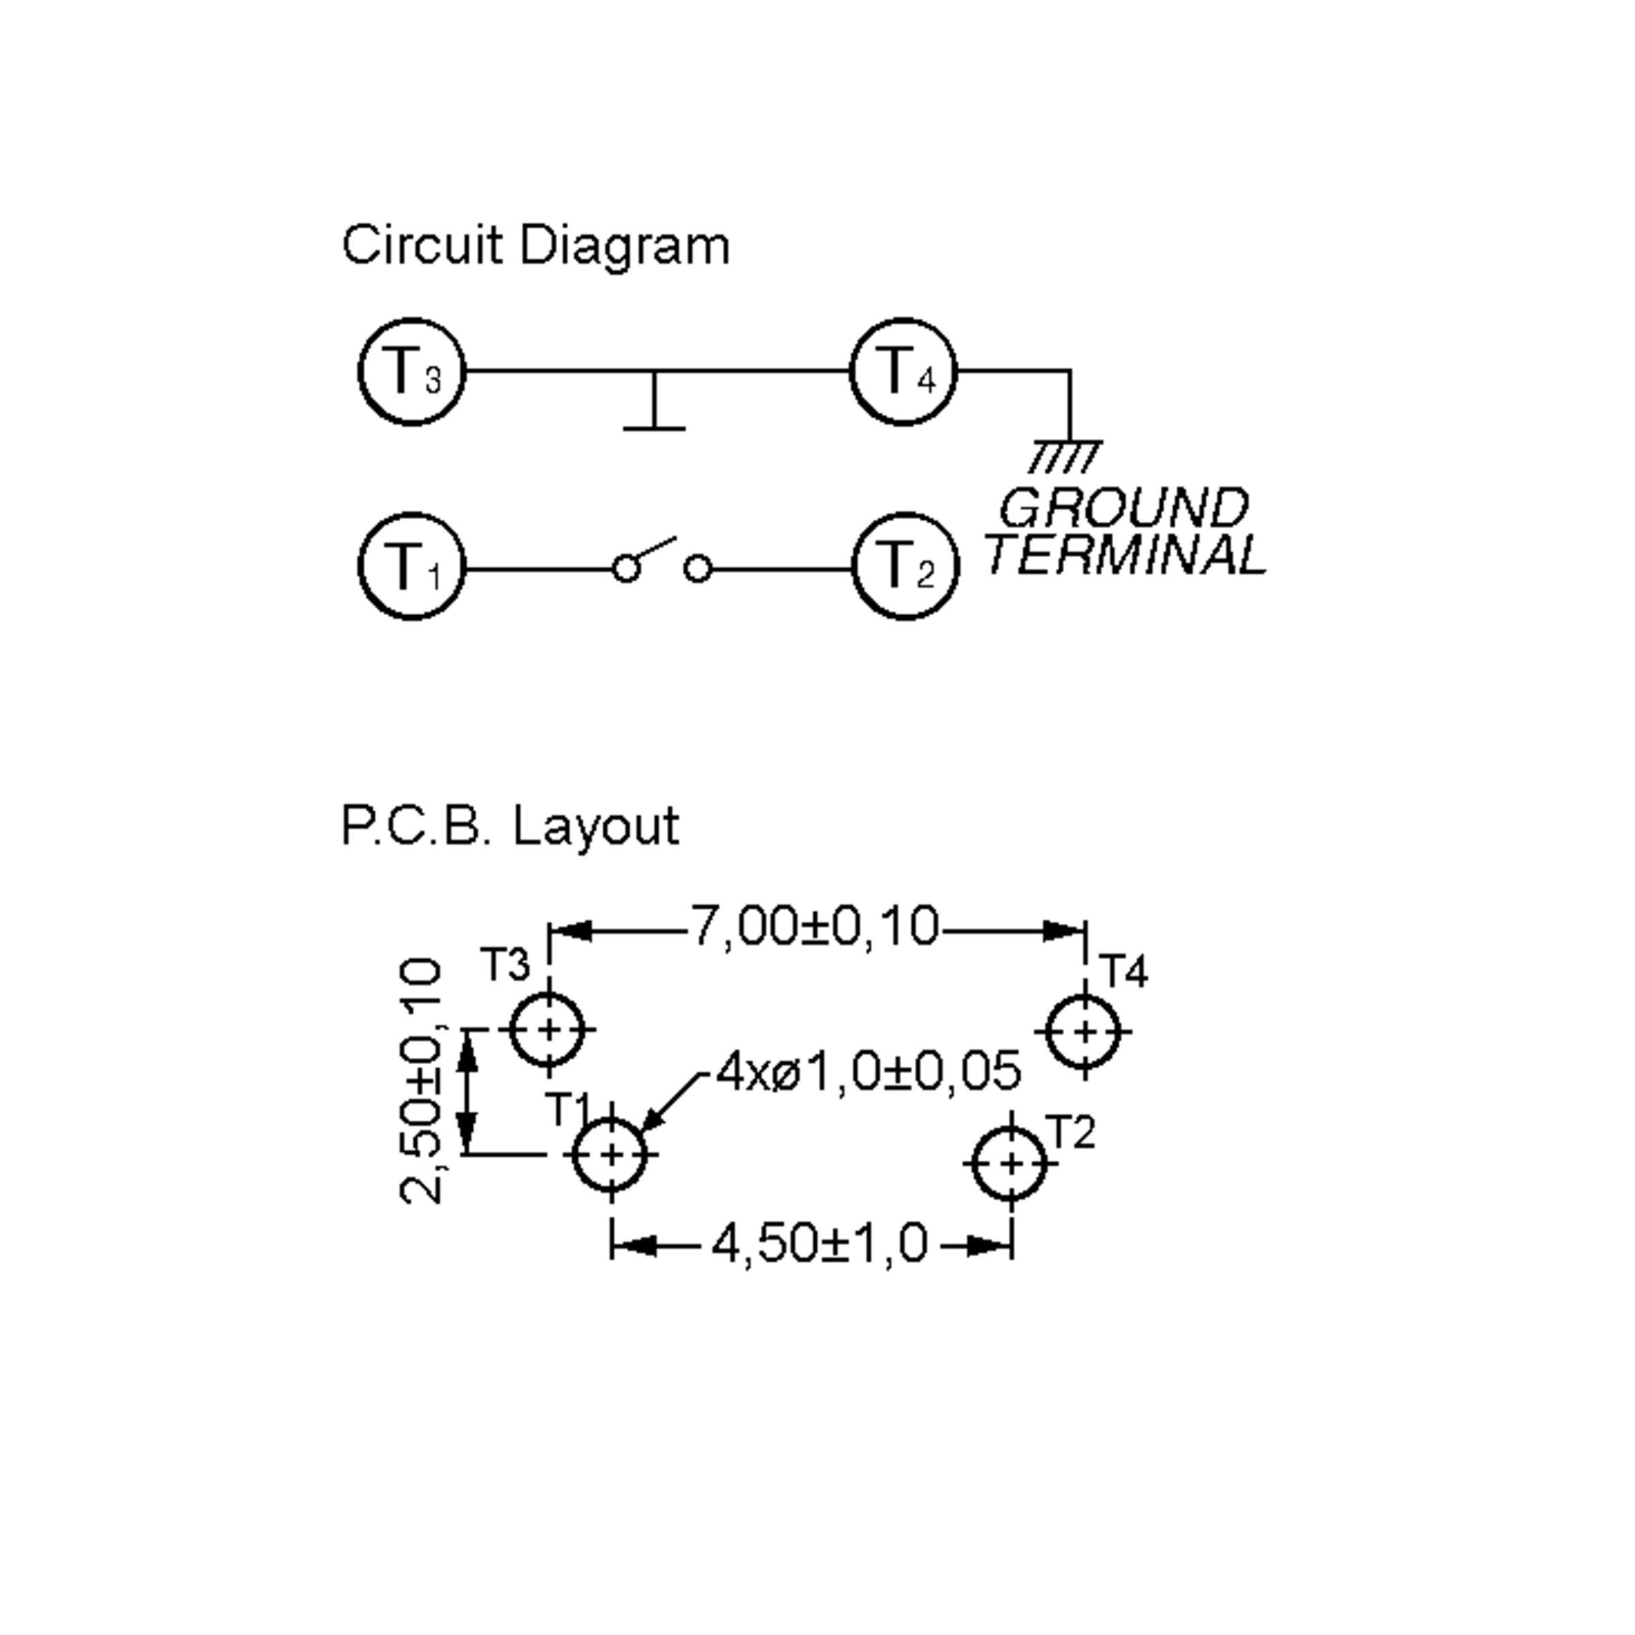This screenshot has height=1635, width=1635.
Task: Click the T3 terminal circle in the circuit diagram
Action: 412,373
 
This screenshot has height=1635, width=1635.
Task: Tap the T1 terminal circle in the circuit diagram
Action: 412,566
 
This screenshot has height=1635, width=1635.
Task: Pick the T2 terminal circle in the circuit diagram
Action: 905,566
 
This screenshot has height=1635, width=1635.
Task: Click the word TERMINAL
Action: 1125,557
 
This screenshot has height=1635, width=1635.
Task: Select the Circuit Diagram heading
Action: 535,246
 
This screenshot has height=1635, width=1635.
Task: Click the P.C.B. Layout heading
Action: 510,826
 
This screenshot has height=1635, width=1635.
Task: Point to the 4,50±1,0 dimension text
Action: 819,1244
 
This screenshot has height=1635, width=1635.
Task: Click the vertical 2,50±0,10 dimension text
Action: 420,1082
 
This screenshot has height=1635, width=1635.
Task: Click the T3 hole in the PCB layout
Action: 549,1030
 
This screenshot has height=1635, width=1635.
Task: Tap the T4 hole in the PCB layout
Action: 1084,1031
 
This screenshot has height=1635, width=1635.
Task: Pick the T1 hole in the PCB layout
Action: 610,1154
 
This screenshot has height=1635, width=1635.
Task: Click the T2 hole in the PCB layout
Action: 1010,1164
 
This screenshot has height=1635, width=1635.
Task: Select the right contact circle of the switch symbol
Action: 698,569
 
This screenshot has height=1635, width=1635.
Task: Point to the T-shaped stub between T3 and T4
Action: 653,405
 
